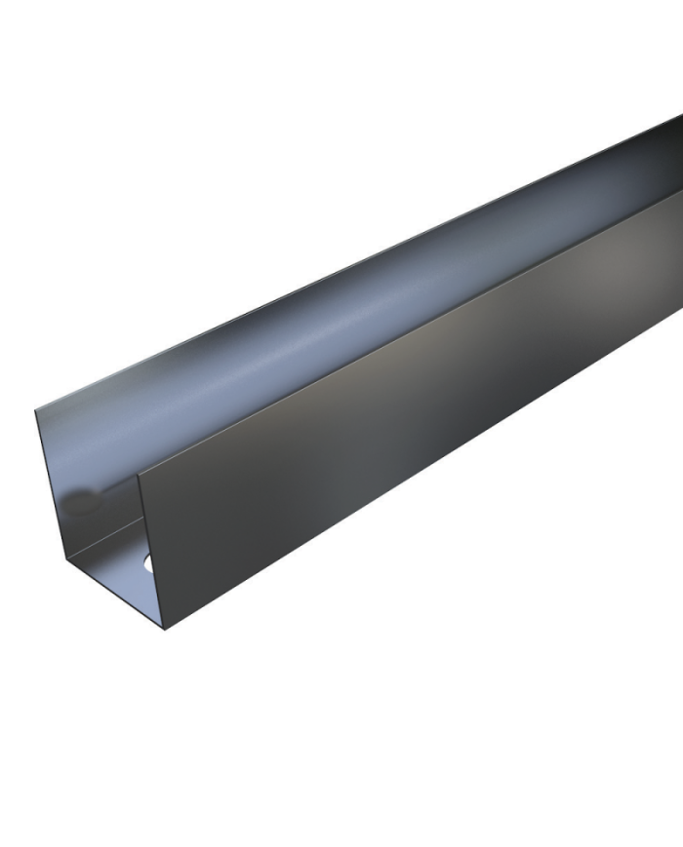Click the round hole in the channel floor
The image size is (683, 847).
(x=148, y=562)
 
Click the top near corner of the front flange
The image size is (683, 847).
(x=140, y=473)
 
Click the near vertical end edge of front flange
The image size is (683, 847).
(x=153, y=551)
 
